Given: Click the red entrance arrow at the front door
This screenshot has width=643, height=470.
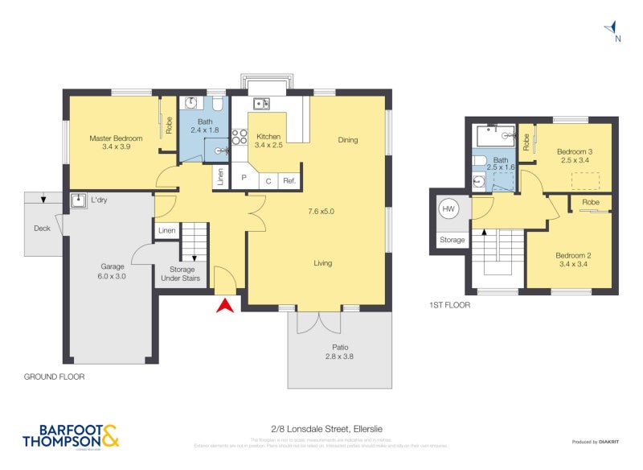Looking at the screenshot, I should coord(226,305).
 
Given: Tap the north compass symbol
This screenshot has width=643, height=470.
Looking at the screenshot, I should coord(612,31).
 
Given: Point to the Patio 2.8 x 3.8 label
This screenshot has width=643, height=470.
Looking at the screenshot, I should coord(338,352).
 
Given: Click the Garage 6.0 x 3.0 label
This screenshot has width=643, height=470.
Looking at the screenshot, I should coord(113,270).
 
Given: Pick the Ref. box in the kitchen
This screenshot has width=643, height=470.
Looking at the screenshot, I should coord(289,181).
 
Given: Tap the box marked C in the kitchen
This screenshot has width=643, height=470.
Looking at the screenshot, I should coord(268,181).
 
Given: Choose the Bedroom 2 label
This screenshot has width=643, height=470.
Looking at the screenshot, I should coord(573,261).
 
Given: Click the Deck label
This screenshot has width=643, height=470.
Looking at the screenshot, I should coord(42,228).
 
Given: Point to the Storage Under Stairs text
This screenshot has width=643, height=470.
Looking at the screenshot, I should coord(180,274).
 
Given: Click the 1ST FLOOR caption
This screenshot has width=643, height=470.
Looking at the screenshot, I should coord(450,306).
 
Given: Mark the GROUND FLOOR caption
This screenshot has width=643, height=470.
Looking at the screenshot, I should coord(54,377).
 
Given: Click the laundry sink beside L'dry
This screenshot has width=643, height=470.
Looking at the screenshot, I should coord(79,200).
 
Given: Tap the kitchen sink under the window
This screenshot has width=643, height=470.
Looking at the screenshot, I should coord(260,103).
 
